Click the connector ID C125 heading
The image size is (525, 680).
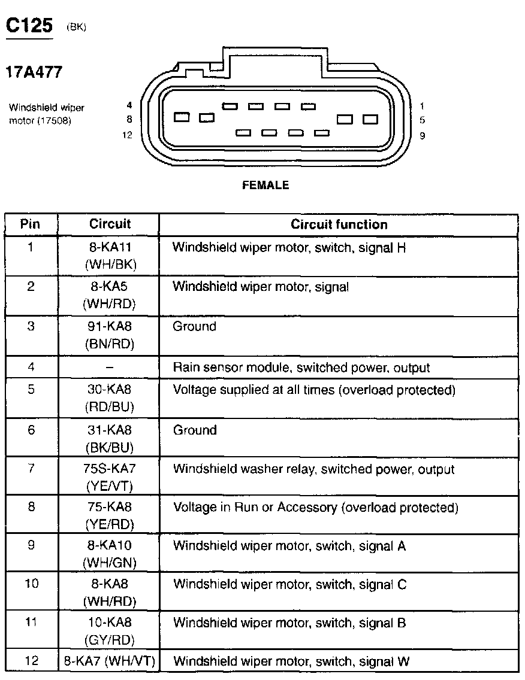tap(29, 26)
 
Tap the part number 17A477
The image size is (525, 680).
tap(34, 72)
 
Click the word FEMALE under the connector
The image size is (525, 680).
tap(265, 186)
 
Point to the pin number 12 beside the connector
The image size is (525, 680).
tap(126, 135)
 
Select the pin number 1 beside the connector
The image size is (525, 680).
tap(423, 106)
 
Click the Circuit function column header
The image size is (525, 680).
tap(339, 224)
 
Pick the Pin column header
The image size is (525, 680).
tap(31, 224)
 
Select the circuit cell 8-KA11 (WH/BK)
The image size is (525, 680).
tap(109, 256)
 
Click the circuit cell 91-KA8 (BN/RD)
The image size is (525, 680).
tap(109, 335)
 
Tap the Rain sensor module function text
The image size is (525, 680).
tap(301, 368)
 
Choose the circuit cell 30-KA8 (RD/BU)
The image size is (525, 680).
tap(109, 398)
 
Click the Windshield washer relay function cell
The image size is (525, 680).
tap(313, 470)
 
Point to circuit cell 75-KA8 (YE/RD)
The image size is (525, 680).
tap(109, 515)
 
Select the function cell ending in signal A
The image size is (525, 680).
tap(289, 546)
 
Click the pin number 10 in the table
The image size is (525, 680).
tap(31, 583)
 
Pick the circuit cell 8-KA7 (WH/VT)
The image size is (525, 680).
tap(109, 661)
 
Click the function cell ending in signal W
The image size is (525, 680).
tap(291, 661)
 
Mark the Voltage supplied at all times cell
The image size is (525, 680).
tap(314, 390)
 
